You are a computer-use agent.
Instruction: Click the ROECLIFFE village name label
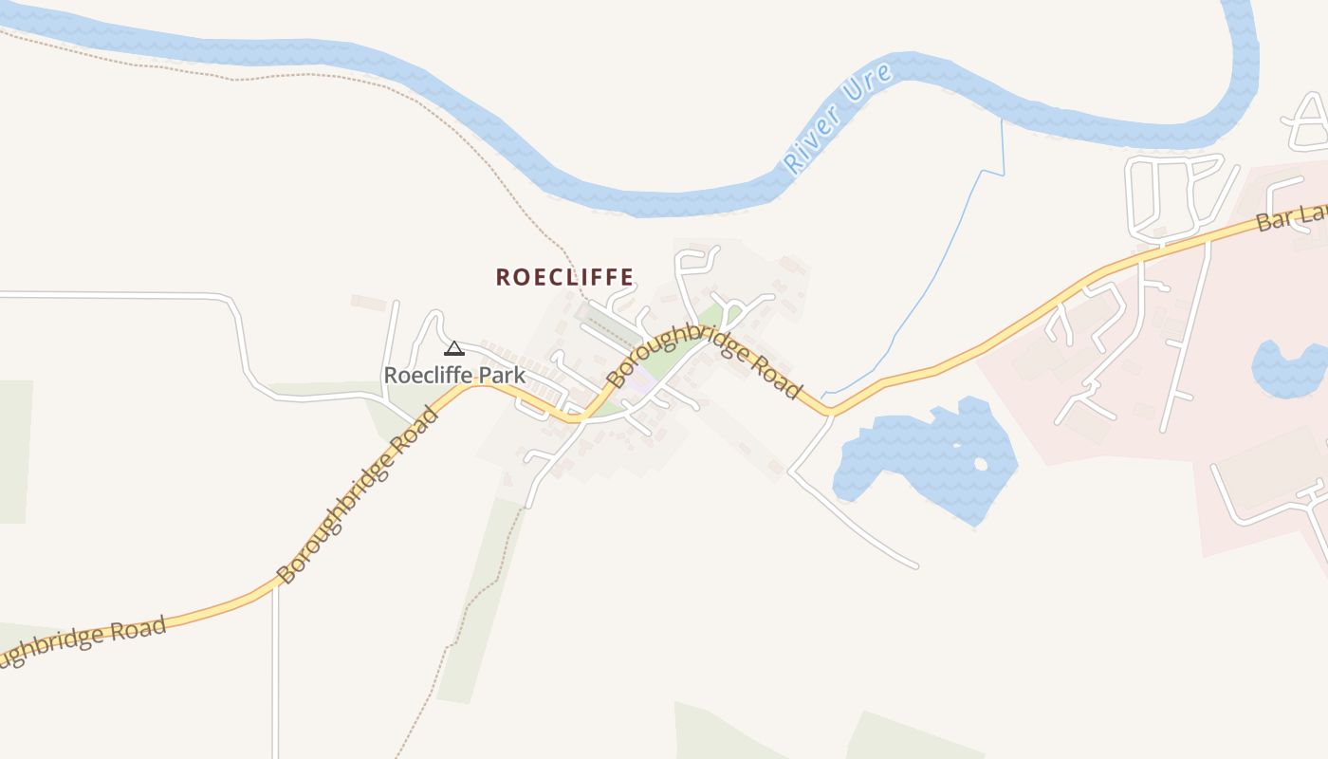click(564, 277)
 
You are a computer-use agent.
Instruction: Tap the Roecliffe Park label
click(453, 376)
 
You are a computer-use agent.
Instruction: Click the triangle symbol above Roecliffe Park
click(454, 348)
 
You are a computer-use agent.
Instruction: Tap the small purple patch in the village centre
click(641, 383)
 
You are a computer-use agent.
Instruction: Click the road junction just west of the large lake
click(830, 412)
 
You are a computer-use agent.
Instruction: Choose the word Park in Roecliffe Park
click(501, 376)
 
